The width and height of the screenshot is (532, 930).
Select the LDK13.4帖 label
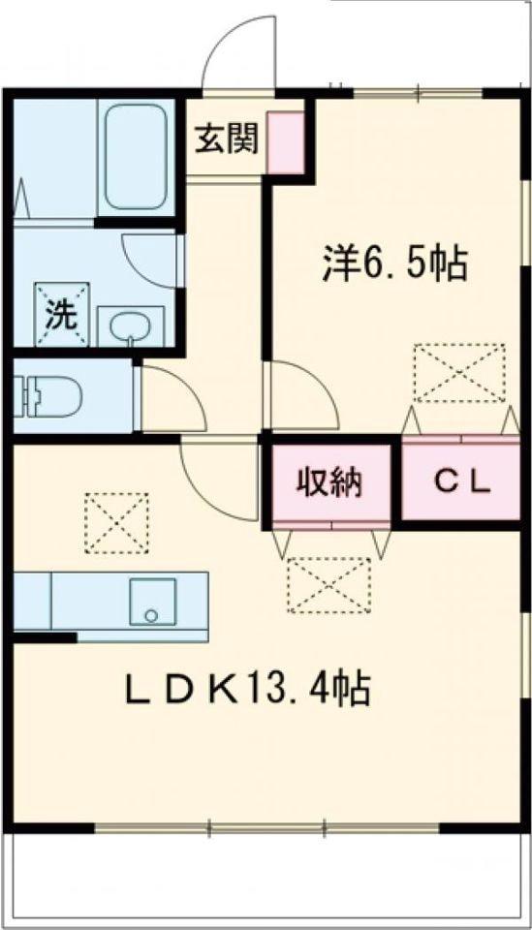[246, 690]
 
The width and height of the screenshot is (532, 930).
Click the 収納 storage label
[329, 480]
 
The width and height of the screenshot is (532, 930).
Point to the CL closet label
[461, 480]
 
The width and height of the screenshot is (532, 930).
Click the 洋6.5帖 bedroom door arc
[300, 392]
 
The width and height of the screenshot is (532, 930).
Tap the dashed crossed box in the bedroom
[459, 372]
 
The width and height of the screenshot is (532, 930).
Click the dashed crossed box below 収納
[329, 585]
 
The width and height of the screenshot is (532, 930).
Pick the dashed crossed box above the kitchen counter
[115, 523]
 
